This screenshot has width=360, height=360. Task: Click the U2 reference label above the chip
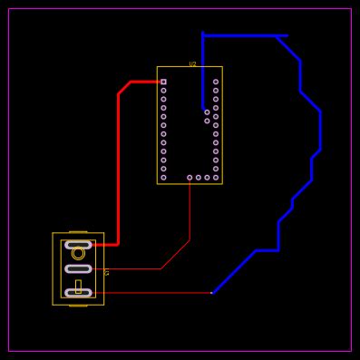click(x=192, y=64)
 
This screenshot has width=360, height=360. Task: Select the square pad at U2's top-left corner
click(x=163, y=82)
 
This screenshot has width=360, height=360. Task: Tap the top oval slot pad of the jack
click(x=78, y=245)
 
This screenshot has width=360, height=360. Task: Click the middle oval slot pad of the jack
click(x=78, y=268)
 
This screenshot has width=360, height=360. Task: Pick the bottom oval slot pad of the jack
click(x=78, y=293)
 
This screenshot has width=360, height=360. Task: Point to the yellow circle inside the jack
click(x=78, y=254)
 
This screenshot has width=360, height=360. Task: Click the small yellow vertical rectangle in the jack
click(x=78, y=286)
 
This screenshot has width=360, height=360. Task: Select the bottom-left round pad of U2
click(x=163, y=178)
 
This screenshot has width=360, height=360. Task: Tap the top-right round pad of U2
click(x=216, y=82)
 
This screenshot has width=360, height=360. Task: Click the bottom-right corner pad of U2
click(x=216, y=178)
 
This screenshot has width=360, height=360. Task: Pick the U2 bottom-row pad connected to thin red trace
click(x=190, y=178)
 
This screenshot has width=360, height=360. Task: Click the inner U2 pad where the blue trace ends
click(x=207, y=112)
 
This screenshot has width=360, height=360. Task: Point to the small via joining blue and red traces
click(x=212, y=293)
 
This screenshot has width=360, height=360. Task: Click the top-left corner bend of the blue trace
click(x=203, y=35)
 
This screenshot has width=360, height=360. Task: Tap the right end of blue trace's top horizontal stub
click(x=287, y=35)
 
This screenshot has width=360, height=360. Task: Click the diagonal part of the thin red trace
click(x=175, y=255)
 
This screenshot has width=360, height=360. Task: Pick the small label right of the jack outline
click(x=107, y=273)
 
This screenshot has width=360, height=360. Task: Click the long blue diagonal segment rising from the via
click(x=234, y=271)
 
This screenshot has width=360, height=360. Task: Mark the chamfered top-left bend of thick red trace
click(x=124, y=87)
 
